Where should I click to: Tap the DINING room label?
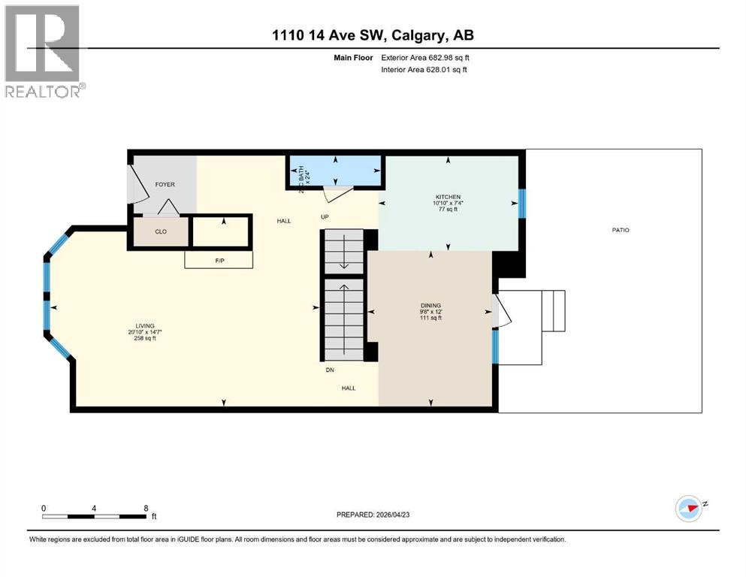[x=430, y=306]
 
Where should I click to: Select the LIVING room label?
[x=144, y=326]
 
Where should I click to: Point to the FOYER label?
[x=165, y=184]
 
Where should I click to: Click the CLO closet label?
[x=160, y=231]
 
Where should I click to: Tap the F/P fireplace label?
[x=219, y=260]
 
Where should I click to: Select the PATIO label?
[x=620, y=230]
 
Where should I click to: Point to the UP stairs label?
[x=325, y=218]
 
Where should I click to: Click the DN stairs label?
[x=329, y=370]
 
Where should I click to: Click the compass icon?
[x=688, y=509]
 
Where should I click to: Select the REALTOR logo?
[x=43, y=51]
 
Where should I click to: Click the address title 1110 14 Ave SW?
[x=373, y=35]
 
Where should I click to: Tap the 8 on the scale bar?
[x=144, y=508]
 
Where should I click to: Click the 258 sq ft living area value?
[x=144, y=339]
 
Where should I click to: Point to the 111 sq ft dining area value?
[x=430, y=318]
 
